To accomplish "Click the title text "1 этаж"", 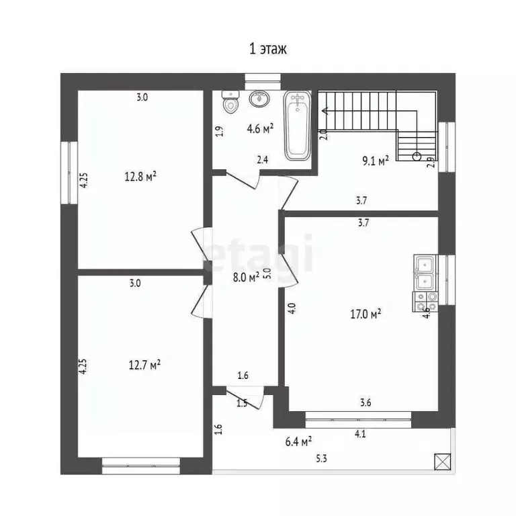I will point(269,49).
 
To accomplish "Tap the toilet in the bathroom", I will point(230,102).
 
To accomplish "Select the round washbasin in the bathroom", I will point(258,99).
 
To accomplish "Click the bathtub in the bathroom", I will point(297,126).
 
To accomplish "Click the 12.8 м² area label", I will point(140,177).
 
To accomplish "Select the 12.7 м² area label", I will point(144,365).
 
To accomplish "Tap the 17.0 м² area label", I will point(366,313).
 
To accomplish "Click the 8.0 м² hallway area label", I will point(245,276).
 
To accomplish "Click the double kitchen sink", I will point(424,273).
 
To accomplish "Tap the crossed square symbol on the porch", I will point(442,462).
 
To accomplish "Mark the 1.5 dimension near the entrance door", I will point(242,403).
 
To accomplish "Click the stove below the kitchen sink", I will point(424,301).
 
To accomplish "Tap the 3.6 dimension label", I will point(365,403).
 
